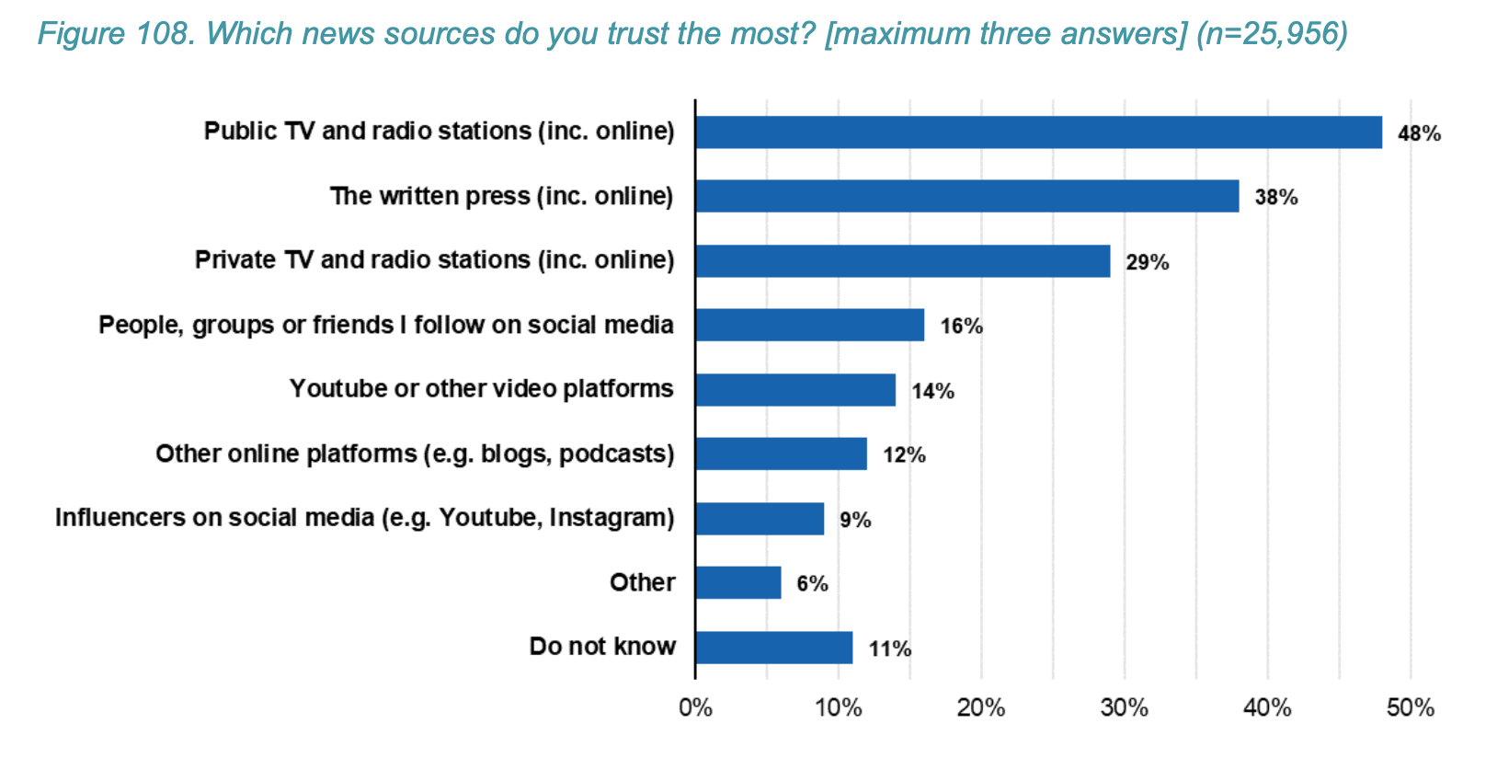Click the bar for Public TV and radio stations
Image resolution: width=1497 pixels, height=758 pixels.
pos(1038,132)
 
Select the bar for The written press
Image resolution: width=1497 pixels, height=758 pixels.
pos(966,197)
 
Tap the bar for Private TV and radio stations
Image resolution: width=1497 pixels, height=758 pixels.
pos(902,261)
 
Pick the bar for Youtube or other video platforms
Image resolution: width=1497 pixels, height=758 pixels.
pos(795,390)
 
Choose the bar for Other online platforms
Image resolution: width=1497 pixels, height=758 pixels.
pos(781,454)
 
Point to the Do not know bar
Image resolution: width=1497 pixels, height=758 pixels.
pos(773,648)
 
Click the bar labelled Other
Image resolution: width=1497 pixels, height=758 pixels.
pos(738,583)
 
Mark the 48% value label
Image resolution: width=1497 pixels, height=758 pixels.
pos(1419,133)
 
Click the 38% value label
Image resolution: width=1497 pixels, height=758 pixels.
pos(1275,197)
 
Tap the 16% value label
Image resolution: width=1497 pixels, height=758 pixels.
pos(961,326)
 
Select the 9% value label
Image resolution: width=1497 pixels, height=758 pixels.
pos(854,520)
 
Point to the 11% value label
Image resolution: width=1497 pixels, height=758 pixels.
pos(889,649)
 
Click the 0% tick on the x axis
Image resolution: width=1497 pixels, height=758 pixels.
pos(695,708)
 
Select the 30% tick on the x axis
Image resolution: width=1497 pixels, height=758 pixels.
pos(1124,708)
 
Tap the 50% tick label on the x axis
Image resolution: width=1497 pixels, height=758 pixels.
pos(1410,708)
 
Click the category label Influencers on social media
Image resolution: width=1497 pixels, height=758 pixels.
pos(364,518)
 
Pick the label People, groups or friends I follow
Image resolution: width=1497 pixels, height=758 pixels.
pos(385,325)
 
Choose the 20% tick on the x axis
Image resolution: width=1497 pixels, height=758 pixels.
pos(981,708)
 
